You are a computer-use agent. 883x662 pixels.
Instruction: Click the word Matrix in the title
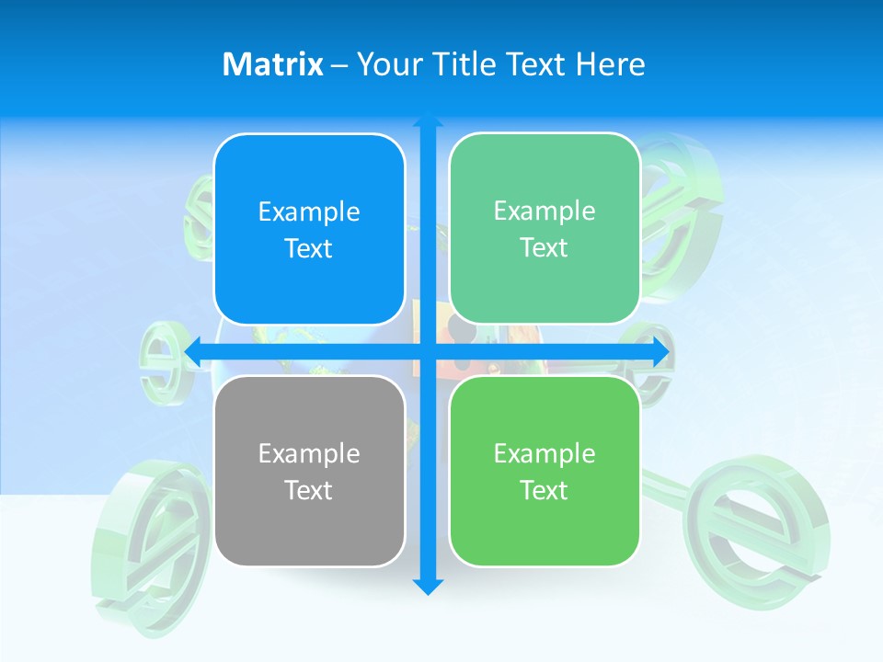(272, 64)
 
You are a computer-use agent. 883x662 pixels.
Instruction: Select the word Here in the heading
(610, 64)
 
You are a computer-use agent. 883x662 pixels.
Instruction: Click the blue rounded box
(309, 229)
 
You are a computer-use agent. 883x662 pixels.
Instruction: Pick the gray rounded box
(309, 471)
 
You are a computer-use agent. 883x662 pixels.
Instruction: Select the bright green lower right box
(545, 471)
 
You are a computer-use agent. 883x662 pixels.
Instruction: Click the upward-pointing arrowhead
(428, 120)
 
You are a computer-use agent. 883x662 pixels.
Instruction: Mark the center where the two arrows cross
(428, 352)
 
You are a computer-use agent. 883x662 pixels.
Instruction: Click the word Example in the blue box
(309, 212)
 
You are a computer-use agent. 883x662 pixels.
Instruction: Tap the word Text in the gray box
(309, 490)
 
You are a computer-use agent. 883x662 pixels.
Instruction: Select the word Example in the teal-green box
(545, 211)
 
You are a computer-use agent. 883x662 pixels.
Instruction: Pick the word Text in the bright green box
(545, 490)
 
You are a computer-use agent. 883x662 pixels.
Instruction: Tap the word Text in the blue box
(309, 248)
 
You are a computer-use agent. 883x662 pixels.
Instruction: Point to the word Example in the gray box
(309, 453)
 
